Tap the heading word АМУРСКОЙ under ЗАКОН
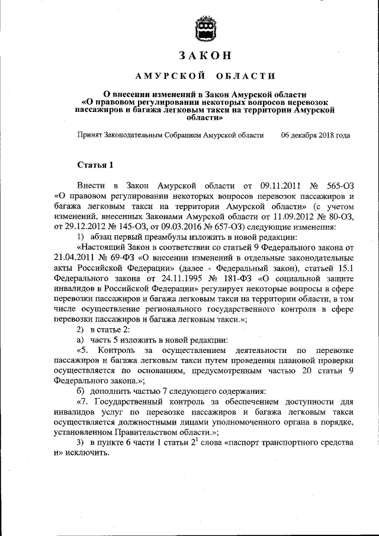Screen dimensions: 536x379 pos(171,76)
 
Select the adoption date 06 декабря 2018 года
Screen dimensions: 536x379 pos(315,136)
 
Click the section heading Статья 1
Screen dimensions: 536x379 pos(94,164)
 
